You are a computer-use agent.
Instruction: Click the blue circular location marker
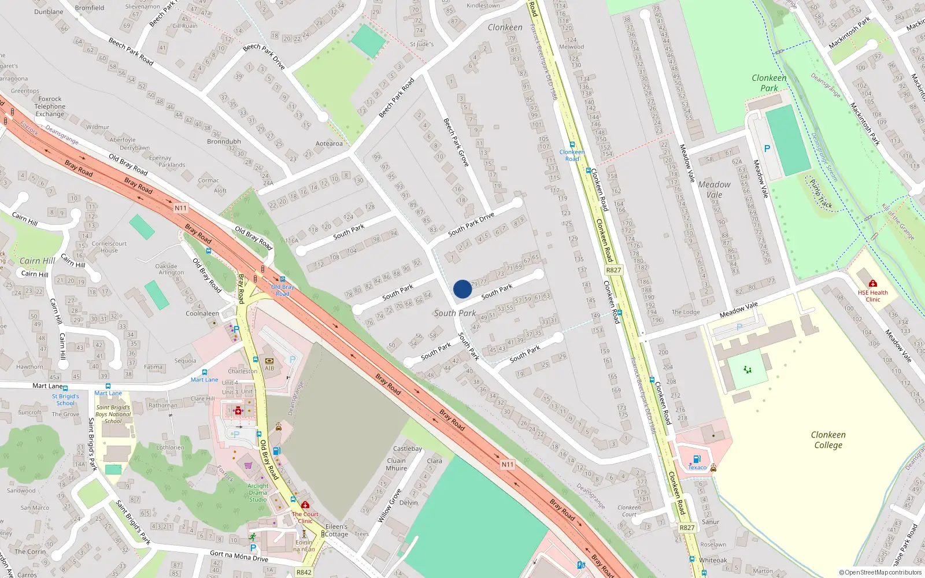coord(462,289)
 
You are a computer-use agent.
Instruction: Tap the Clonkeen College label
coord(828,440)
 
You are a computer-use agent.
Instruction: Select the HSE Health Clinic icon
coord(873,283)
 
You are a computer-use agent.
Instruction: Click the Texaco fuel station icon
coord(697,460)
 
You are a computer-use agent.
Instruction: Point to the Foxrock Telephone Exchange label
coord(50,106)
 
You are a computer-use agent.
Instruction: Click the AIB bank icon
coord(269,360)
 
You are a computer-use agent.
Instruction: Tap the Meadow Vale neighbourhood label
coord(714,189)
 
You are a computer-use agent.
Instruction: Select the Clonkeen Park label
coord(769,83)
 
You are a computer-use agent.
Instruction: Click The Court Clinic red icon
coord(305,505)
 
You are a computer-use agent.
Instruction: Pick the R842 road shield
coord(304,572)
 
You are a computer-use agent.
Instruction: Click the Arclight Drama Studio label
coord(258,492)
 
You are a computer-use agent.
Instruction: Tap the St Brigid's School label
coord(65,399)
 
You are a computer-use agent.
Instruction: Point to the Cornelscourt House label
coord(109,247)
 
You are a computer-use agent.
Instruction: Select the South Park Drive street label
coord(471,224)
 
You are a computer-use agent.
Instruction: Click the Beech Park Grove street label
coord(456,143)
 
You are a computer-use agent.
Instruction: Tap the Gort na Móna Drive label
coord(239,556)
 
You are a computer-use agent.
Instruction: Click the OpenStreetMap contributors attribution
coord(880,572)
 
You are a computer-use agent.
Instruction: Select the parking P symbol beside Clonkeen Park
coord(767,149)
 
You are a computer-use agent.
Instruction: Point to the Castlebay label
coord(408,449)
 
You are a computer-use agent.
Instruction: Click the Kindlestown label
coord(483,6)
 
